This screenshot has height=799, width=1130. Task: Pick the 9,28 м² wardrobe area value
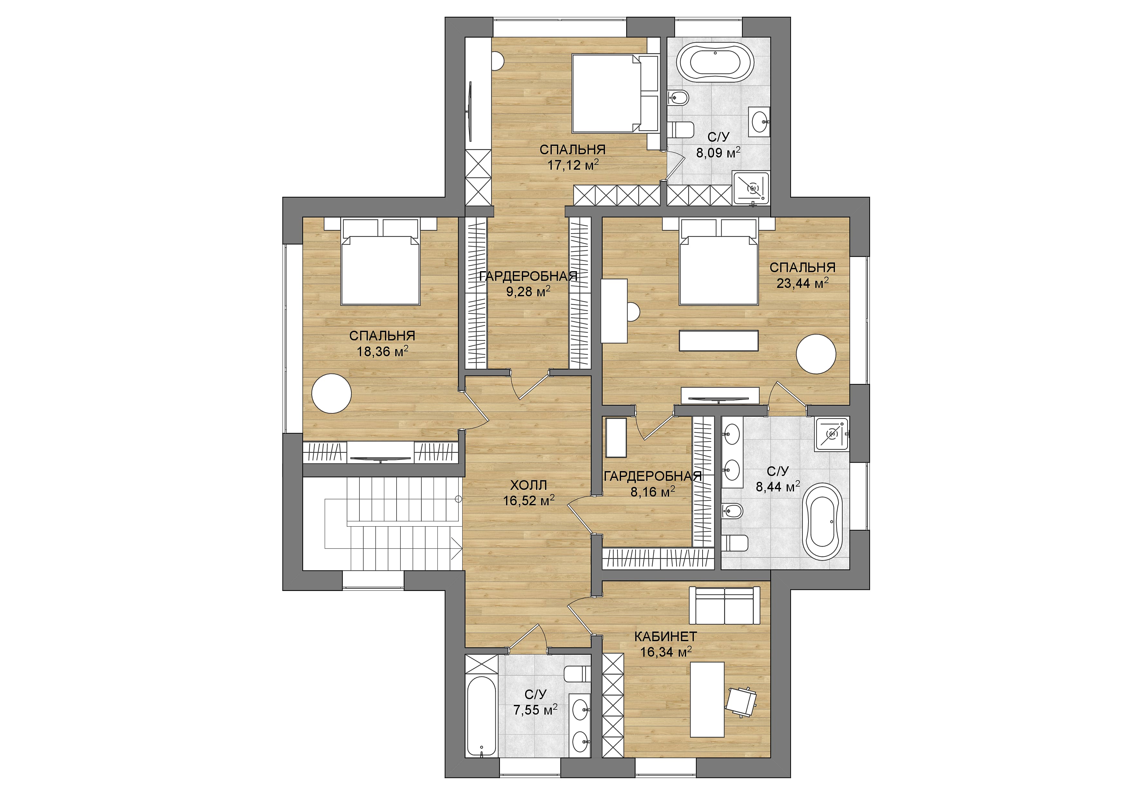coord(528,291)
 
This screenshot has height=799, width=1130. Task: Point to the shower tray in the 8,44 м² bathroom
coord(832,434)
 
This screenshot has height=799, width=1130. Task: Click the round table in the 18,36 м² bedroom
coord(331,393)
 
